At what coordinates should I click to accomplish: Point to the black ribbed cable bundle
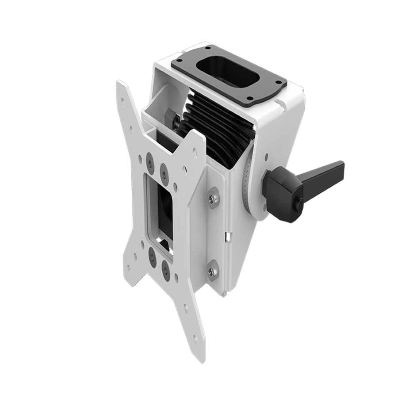(x=217, y=128)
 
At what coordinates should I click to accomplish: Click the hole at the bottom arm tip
(x=194, y=345)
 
